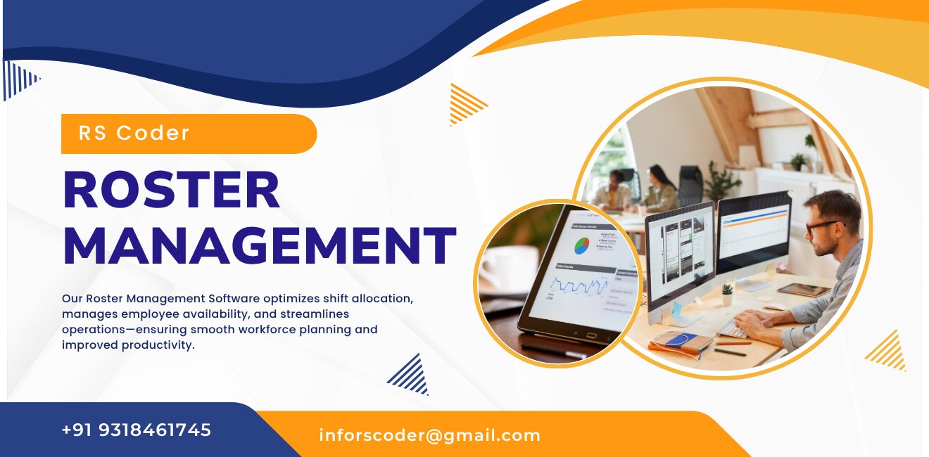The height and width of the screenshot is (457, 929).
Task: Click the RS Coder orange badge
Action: [x=189, y=134]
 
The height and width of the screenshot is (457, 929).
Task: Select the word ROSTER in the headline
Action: [x=172, y=191]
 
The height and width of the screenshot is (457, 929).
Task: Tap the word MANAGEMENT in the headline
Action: [x=259, y=245]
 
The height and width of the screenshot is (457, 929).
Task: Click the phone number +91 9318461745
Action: [x=137, y=430]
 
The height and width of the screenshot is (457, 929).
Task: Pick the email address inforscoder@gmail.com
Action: [x=429, y=435]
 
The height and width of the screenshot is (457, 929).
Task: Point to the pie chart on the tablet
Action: [x=581, y=245]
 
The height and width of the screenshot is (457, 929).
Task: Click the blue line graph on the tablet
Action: [x=579, y=285]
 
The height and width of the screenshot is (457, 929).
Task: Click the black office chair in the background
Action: [x=690, y=184]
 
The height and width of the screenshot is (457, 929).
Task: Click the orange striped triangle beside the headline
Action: [x=467, y=104]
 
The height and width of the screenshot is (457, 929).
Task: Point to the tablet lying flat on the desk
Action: [x=803, y=290]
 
